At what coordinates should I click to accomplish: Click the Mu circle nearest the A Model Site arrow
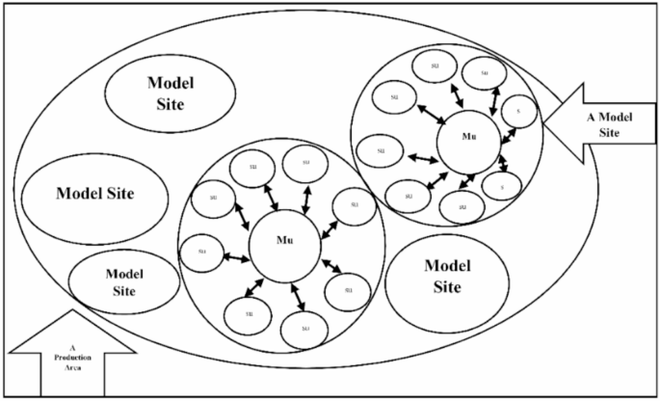coord(468,137)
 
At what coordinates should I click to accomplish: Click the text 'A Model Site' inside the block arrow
coord(603,124)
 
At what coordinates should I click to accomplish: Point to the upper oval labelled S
coord(517,111)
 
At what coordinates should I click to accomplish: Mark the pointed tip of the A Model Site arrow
coord(546,123)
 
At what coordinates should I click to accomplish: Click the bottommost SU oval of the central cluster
coord(304,330)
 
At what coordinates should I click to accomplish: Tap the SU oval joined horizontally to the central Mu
coord(200,254)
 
